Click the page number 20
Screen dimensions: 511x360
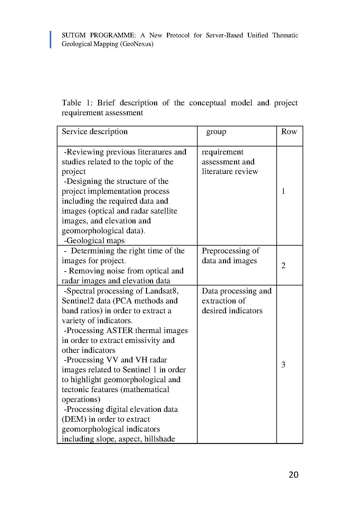pos(293,475)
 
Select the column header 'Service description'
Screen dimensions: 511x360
pos(94,132)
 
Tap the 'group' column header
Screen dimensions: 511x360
pos(216,132)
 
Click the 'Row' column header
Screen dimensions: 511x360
pos(289,132)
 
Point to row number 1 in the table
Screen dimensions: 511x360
pos(283,191)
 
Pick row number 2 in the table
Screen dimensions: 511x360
pos(283,265)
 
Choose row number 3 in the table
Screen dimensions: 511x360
pos(283,365)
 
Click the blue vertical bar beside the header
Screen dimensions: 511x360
pos(51,40)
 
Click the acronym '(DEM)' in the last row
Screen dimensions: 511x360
pos(74,419)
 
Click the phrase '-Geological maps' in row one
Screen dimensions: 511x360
pos(94,240)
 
